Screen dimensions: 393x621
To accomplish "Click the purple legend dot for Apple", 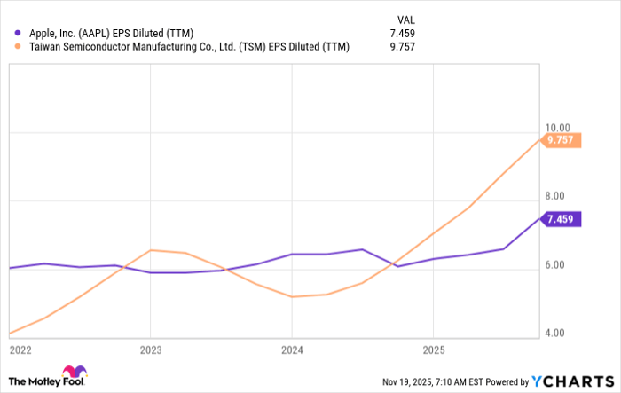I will coord(18,33).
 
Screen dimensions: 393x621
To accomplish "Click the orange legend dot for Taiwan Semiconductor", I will coord(18,47).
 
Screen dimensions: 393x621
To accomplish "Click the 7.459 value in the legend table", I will coord(405,33).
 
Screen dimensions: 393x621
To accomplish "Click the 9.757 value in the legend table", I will coord(405,47).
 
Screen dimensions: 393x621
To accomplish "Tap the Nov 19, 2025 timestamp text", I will coord(441,381).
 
